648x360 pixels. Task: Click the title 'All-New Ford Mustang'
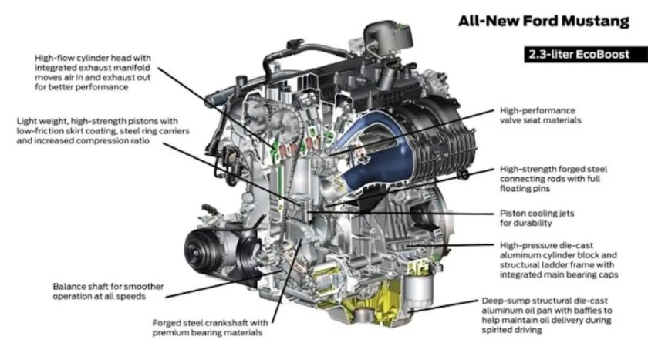point(544,21)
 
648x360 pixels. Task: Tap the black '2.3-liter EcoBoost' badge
point(575,55)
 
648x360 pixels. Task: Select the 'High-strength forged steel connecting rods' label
point(559,177)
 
